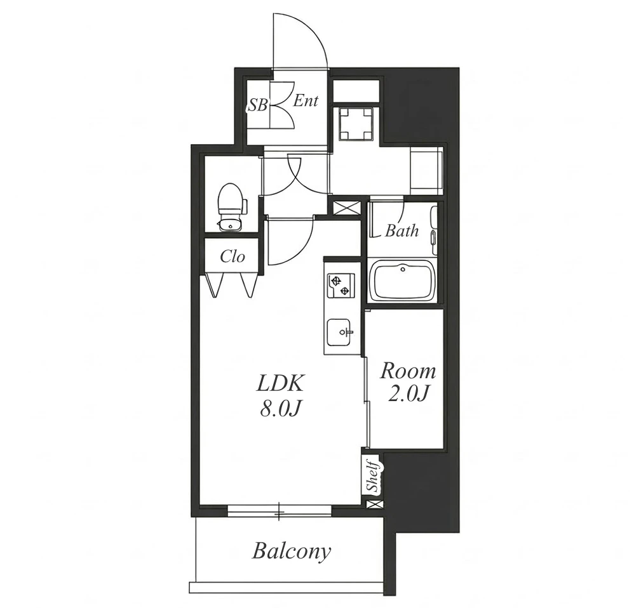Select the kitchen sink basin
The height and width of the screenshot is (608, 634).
339,332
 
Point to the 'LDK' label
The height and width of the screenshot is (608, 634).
280,383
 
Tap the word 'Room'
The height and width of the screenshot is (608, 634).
408,371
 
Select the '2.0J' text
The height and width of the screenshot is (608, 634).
408,394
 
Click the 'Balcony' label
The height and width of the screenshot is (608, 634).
291,552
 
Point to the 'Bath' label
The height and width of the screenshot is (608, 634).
401,230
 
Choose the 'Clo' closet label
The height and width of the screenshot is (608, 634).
233,256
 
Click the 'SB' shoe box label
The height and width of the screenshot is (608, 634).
257,105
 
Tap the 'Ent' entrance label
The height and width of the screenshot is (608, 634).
306,100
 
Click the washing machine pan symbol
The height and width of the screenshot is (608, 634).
355,124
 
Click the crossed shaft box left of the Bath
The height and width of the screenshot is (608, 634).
346,208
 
